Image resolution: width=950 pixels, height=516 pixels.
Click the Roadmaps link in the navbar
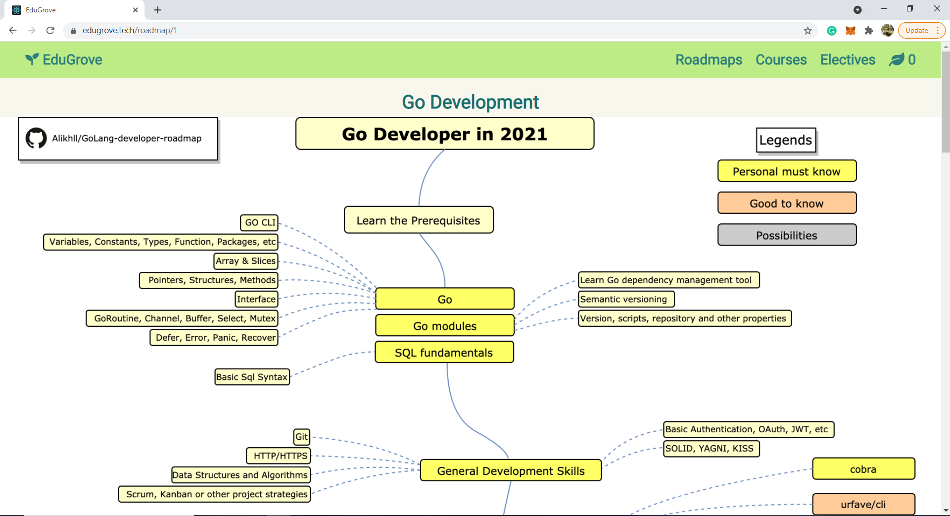pos(709,60)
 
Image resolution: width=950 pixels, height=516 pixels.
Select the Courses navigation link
pos(781,60)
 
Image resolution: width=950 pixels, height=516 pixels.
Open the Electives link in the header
pos(848,60)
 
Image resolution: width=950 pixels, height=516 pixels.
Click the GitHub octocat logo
pos(36,138)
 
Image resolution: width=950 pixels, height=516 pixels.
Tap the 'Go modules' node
pos(444,326)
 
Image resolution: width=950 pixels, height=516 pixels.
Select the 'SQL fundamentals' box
pos(444,353)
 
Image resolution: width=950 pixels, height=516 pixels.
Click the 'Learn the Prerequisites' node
pos(419,220)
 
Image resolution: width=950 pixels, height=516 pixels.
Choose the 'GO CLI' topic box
pos(260,222)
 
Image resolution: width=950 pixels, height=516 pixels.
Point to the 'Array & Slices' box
pos(246,261)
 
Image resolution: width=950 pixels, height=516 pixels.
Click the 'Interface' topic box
pos(256,299)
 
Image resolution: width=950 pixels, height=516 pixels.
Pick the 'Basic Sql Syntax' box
pos(252,377)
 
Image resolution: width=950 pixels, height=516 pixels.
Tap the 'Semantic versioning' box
pos(626,299)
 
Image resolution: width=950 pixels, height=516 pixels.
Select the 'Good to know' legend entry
pos(787,204)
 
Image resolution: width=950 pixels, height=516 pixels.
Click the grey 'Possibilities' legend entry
pos(787,235)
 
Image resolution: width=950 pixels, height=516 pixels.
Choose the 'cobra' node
pos(863,469)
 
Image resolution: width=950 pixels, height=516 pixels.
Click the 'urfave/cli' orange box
pos(863,504)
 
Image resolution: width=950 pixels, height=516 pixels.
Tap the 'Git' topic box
pos(301,437)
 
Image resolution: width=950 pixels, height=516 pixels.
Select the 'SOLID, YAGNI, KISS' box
pos(711,449)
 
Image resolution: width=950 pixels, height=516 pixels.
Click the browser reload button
pos(50,31)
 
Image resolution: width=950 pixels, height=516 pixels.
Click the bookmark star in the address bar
pos(808,31)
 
